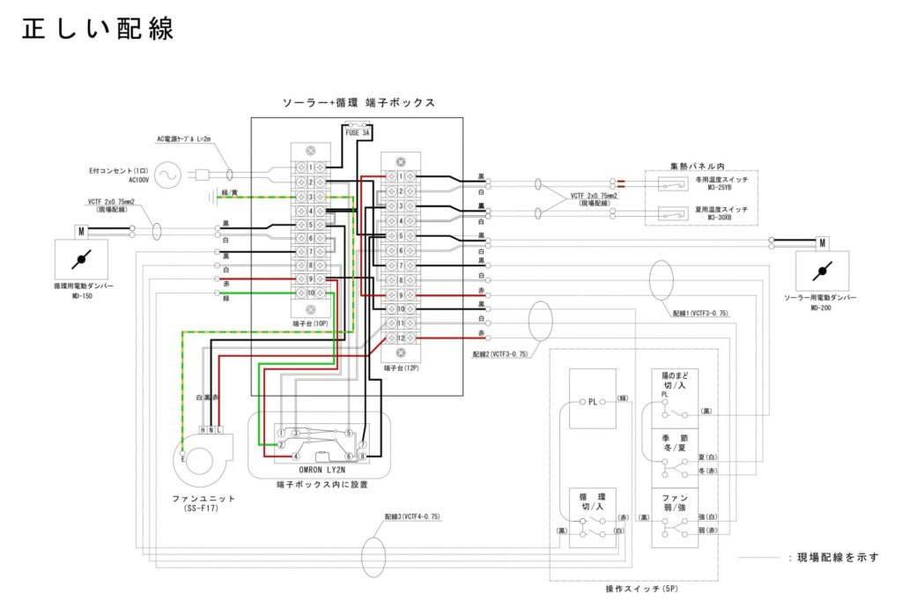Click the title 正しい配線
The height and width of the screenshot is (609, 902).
click(x=98, y=28)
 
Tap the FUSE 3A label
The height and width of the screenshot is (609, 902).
click(x=358, y=133)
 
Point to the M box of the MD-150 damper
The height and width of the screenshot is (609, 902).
click(x=80, y=232)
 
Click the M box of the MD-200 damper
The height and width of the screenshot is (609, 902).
click(x=822, y=243)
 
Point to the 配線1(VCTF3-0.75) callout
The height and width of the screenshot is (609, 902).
click(x=699, y=314)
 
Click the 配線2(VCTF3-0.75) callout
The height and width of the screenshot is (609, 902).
click(x=499, y=353)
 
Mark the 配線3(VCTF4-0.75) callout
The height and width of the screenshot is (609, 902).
click(x=411, y=516)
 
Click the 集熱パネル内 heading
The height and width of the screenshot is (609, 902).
click(x=697, y=165)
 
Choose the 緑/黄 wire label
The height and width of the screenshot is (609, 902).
click(x=230, y=192)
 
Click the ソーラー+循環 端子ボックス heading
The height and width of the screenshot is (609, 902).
click(x=358, y=103)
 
